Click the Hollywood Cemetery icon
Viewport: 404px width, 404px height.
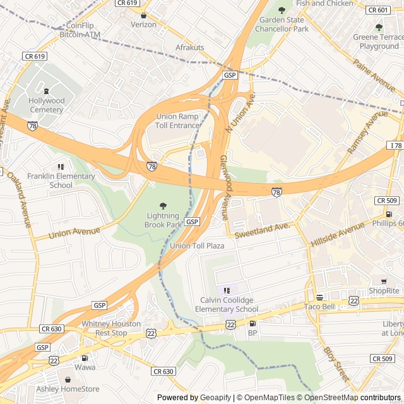(x=46, y=91)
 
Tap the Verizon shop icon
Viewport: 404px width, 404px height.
(x=143, y=15)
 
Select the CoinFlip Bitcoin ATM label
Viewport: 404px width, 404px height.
(x=80, y=31)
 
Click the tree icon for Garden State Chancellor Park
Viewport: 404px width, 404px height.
(x=282, y=10)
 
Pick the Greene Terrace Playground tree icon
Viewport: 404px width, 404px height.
(x=379, y=27)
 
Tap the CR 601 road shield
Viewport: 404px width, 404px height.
(x=378, y=9)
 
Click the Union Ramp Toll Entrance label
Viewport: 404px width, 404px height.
(x=177, y=121)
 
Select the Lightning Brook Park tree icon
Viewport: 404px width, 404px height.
(x=163, y=206)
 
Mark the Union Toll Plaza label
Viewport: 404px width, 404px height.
(x=197, y=246)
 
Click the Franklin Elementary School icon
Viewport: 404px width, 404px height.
(x=61, y=167)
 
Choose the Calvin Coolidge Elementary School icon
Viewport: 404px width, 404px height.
(x=227, y=290)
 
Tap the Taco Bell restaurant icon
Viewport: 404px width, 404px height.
(x=319, y=297)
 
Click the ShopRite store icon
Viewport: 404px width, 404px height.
(x=383, y=281)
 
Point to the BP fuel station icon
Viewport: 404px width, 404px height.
(x=252, y=323)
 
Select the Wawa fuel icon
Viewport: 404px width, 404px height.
(x=85, y=358)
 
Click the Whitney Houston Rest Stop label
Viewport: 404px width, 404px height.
(x=112, y=328)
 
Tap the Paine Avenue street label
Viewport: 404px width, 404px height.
(x=374, y=75)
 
